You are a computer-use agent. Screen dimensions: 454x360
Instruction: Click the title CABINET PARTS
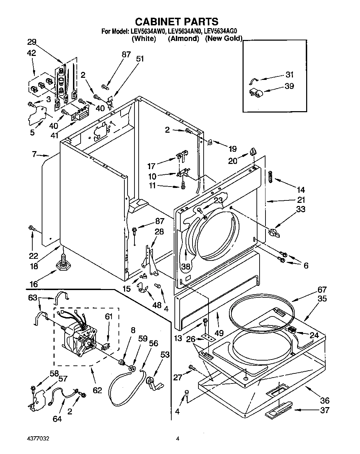177,22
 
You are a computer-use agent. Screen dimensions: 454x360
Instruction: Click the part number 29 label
32,42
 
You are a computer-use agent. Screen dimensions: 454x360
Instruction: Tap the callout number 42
32,53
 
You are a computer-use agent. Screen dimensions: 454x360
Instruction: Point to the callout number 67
322,289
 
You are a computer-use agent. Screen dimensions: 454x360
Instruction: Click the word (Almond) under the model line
183,39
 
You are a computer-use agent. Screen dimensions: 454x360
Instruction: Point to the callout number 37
324,410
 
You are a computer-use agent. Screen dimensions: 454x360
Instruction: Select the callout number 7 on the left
34,154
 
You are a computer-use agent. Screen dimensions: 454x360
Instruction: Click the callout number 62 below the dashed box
97,390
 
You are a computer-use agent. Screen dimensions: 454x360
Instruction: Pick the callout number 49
219,333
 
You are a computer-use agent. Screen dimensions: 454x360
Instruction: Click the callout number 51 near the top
140,59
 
